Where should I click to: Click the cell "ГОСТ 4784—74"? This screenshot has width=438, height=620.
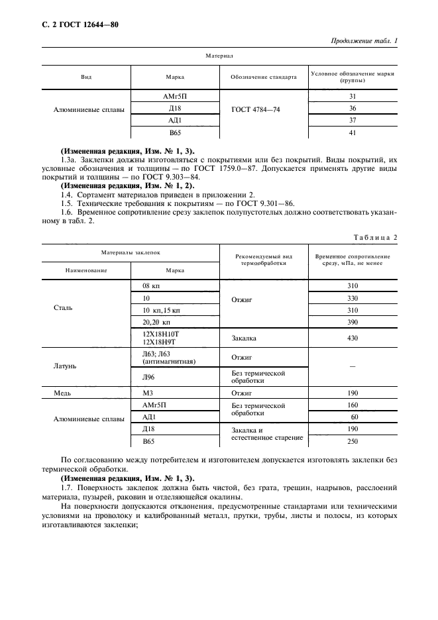coord(255,109)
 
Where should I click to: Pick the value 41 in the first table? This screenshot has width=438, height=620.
coord(353,132)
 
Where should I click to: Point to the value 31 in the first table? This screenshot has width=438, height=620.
coord(353,97)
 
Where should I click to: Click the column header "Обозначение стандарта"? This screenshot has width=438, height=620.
coord(264,77)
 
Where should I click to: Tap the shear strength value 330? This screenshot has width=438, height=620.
coord(353,298)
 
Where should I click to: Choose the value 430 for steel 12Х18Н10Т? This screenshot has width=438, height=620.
coord(353,338)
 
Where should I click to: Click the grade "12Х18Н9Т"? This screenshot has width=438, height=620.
coord(160,342)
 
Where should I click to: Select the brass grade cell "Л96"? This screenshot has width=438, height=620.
coord(149,377)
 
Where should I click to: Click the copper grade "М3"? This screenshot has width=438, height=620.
coord(148,393)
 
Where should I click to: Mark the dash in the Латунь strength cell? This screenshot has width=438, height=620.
coord(353,366)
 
